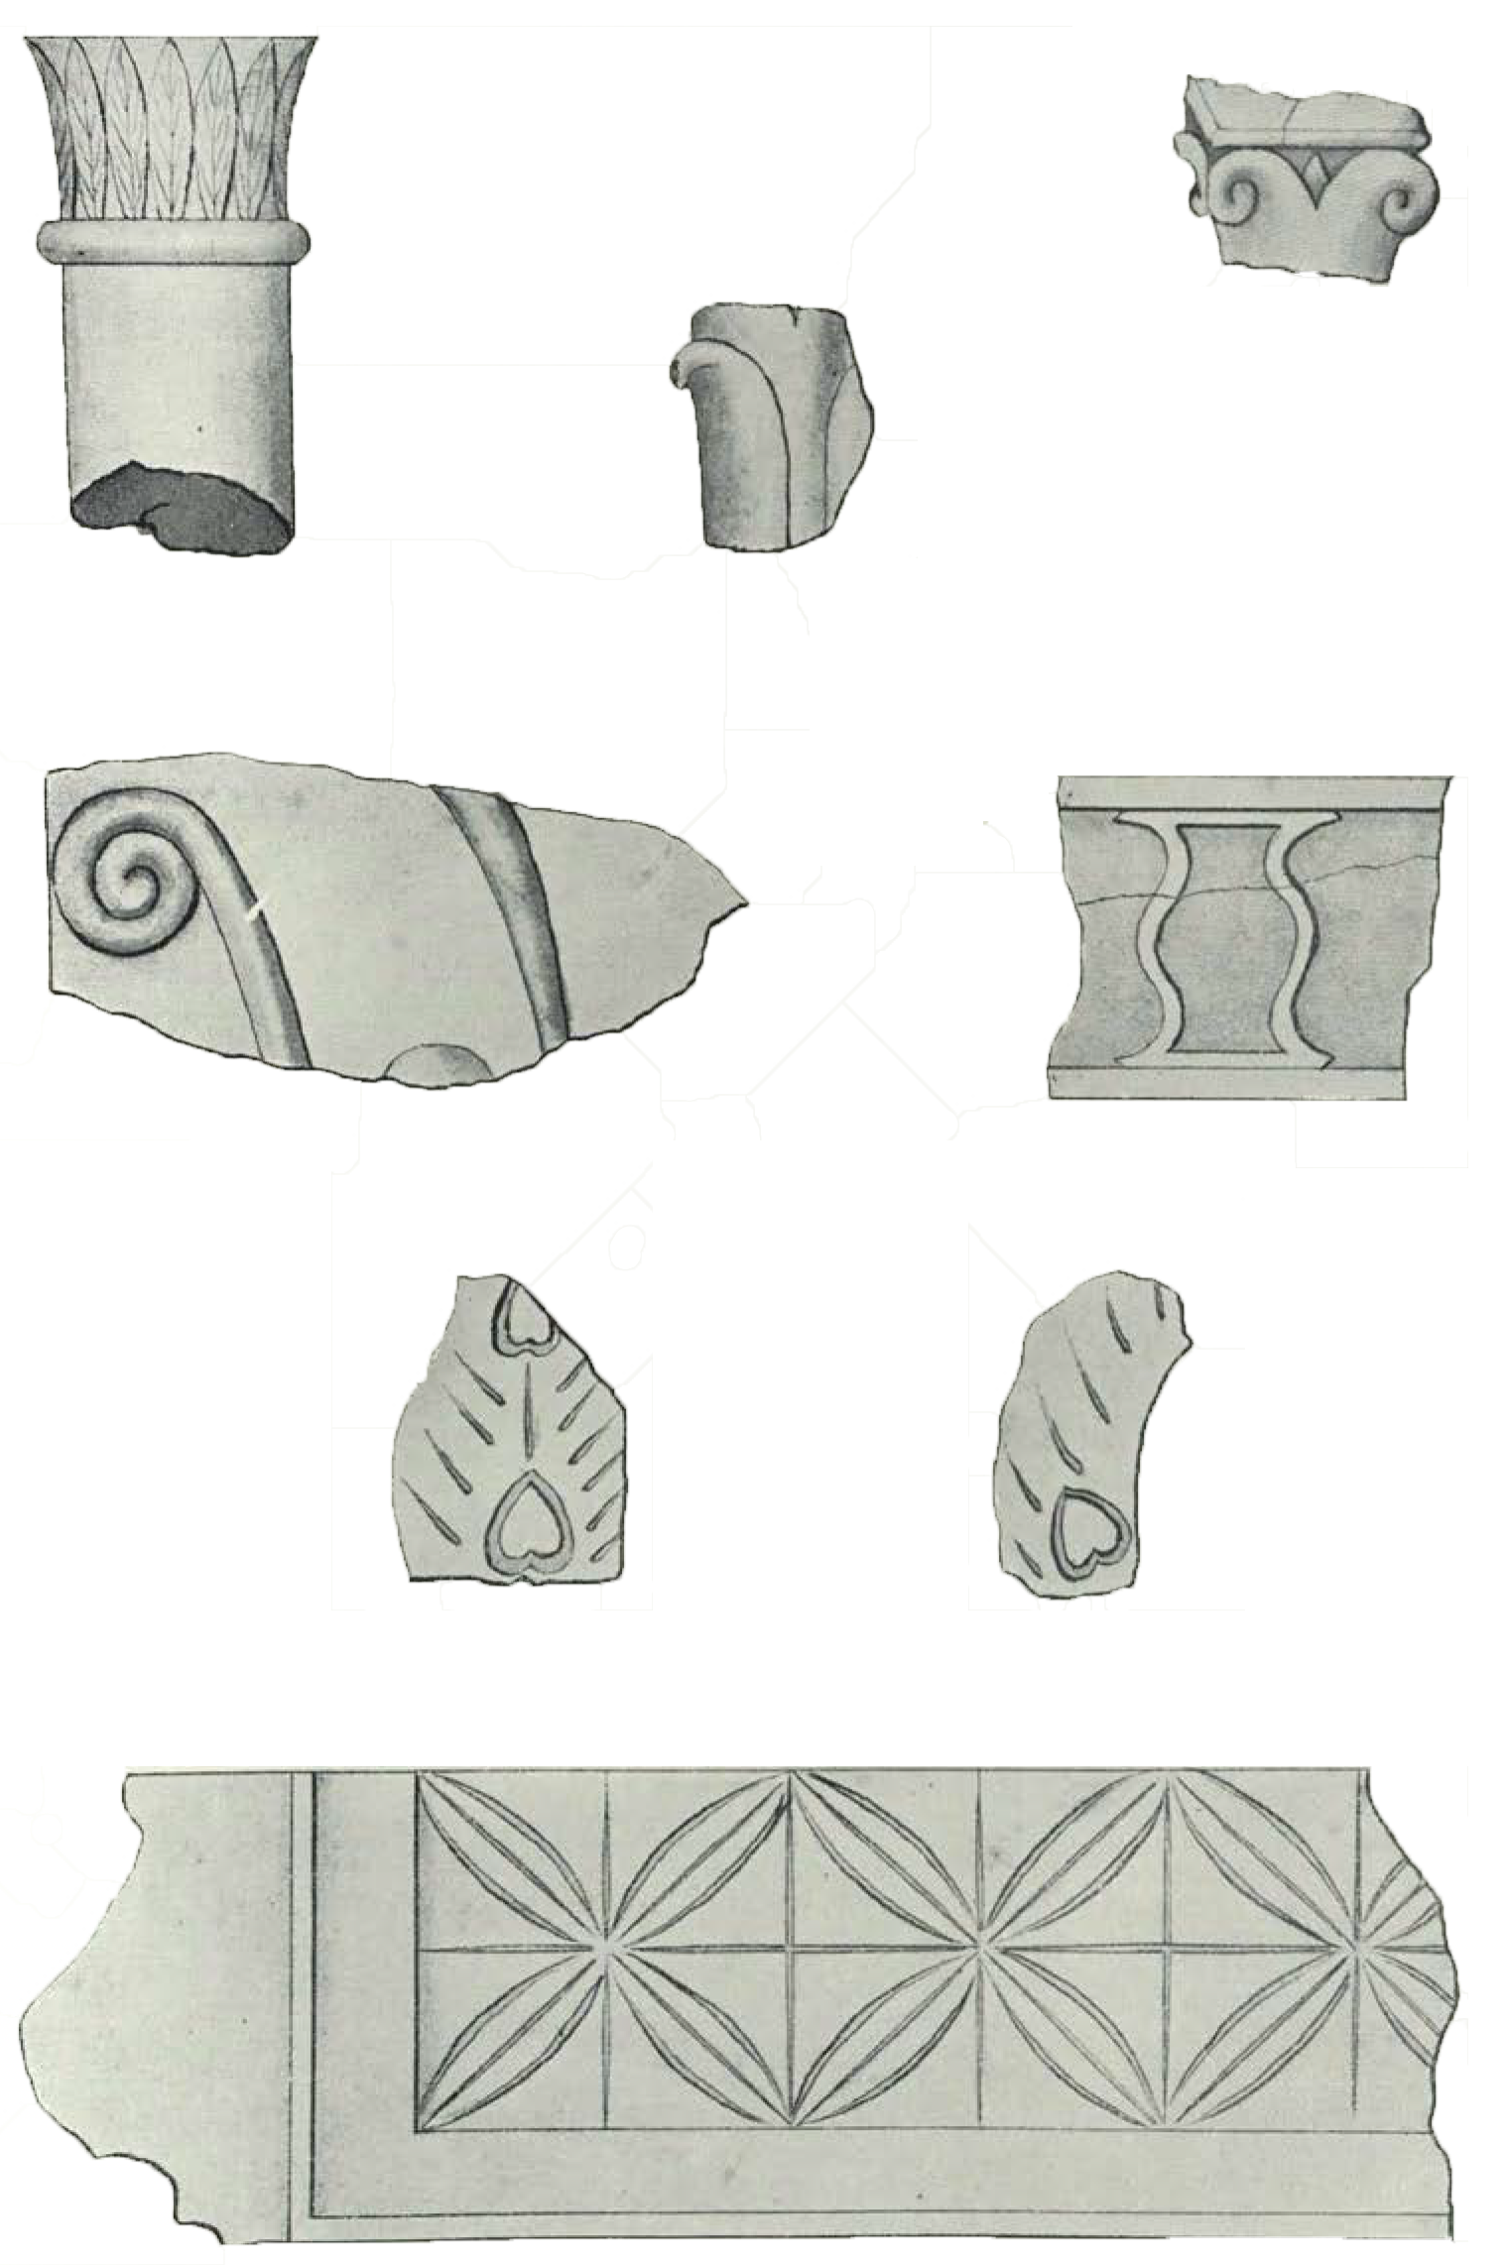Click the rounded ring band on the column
tap(174, 241)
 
